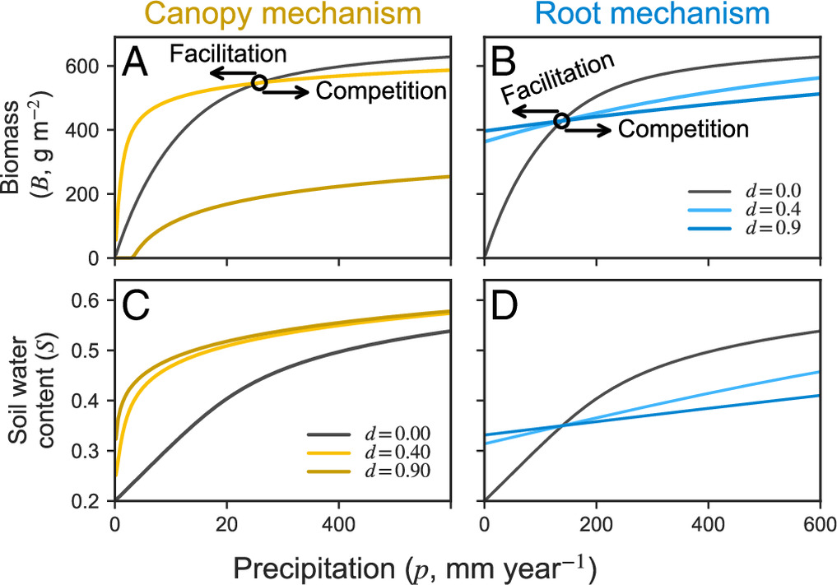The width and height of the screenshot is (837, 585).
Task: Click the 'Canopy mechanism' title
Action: coord(283,15)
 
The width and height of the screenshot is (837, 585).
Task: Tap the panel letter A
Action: coord(134,63)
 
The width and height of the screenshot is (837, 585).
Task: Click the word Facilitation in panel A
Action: coord(228,54)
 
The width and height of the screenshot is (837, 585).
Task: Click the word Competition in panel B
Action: coord(683,129)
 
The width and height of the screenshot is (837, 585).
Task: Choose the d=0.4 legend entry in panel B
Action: coord(745,210)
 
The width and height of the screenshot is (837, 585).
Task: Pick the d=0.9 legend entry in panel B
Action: coord(745,229)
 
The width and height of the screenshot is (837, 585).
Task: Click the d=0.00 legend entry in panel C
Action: coord(369,434)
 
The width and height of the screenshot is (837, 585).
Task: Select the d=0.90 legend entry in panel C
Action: coord(369,471)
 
